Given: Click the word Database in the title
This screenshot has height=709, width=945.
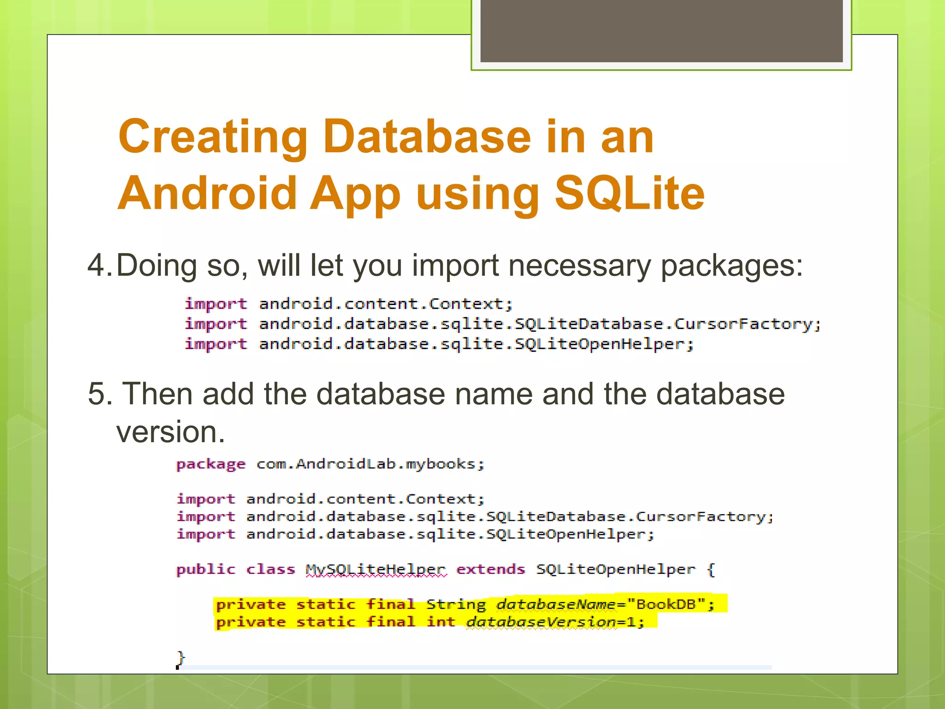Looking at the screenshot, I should pos(427,137).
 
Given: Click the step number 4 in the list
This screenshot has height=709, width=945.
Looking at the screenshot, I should pos(96,266).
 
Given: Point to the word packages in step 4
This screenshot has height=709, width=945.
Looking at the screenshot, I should pos(732,267).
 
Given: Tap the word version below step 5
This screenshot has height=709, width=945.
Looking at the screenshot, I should pos(170,432).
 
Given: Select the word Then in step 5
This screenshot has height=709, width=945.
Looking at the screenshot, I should pos(157,394).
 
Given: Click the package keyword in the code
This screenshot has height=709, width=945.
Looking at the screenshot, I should pos(211,464).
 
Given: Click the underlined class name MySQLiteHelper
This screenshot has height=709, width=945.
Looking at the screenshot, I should pos(376,570).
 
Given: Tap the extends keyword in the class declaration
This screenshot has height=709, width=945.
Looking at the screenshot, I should pos(490,570).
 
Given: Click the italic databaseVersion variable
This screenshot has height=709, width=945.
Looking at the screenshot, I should pos(541,622).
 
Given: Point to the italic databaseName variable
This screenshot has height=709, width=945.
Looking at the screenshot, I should pos(556,604).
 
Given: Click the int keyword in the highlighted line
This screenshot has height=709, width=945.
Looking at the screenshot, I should pos(441,622).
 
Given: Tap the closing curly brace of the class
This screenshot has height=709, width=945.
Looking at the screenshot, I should pos(181,657).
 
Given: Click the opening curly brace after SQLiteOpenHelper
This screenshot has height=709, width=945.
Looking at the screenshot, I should pos(711,570).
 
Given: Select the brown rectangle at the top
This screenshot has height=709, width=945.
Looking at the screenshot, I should pos(661,30).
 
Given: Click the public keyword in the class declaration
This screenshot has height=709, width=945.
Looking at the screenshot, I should pos(205,570).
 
